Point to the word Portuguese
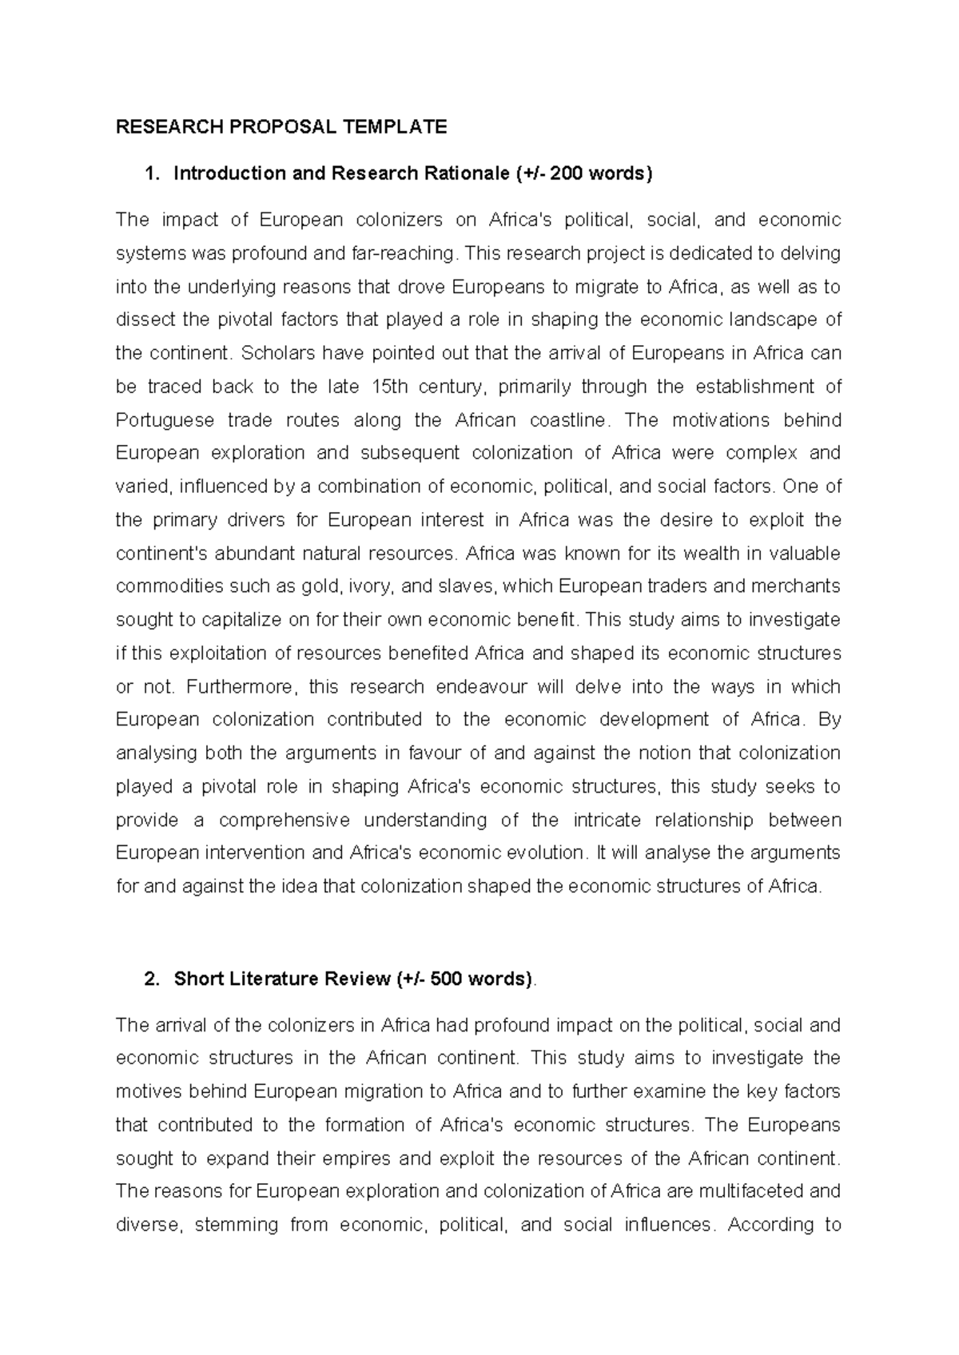click(x=165, y=420)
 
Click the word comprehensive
click(x=285, y=821)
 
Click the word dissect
click(x=146, y=320)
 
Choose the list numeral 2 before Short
click(x=150, y=979)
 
